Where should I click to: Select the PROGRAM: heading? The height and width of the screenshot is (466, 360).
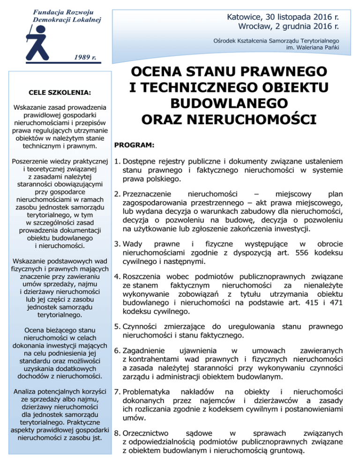tap(133, 146)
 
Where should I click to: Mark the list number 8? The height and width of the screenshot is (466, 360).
tap(117, 434)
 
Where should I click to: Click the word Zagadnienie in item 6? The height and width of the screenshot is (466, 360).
tap(146, 350)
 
